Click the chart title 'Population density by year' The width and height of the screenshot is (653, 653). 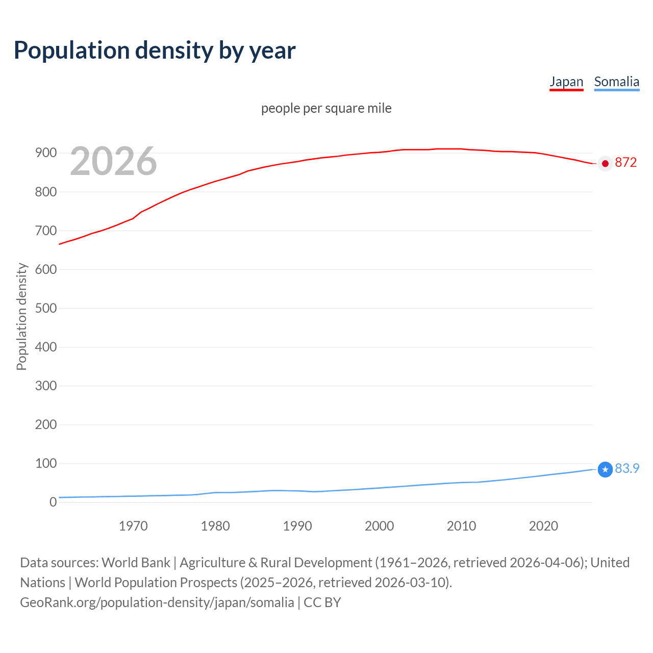point(155,51)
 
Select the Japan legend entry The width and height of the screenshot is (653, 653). point(566,82)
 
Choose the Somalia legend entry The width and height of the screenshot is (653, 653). point(616,82)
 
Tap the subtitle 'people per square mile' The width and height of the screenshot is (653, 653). point(326,109)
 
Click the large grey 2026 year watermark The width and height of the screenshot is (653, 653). point(113,161)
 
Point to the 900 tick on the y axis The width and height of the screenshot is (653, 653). point(46,153)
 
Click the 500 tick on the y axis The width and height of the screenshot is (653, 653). point(46,308)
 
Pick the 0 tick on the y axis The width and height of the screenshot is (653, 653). point(53,502)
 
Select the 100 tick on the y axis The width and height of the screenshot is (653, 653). point(46,463)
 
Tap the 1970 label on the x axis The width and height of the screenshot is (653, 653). point(133,526)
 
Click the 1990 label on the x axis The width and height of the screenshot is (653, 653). point(297,526)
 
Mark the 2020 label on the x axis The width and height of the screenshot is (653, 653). point(543,526)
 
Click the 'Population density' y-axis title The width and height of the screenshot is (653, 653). point(21,316)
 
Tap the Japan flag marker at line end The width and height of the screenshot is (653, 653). point(605,164)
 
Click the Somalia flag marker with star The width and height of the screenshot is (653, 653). point(605,469)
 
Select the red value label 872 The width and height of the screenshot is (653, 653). point(626,163)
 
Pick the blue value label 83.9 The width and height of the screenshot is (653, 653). point(627,468)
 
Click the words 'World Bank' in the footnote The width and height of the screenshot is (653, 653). point(136,563)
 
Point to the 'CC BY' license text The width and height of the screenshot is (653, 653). point(322,602)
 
